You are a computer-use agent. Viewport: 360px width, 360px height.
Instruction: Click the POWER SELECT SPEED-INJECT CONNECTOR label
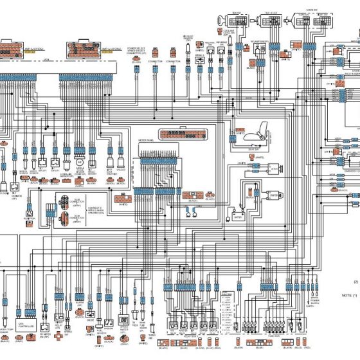tap(136, 51)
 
